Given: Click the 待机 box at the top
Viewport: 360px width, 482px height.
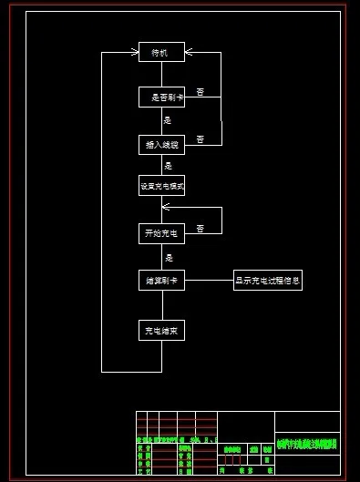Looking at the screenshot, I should pyautogui.click(x=161, y=53).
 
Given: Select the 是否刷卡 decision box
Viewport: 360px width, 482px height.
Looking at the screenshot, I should pyautogui.click(x=161, y=97).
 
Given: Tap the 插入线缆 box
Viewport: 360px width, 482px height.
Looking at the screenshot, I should pyautogui.click(x=161, y=144).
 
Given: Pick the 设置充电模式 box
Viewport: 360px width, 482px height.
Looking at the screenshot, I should pyautogui.click(x=161, y=187).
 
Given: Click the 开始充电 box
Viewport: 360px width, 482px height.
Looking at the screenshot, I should pyautogui.click(x=161, y=234).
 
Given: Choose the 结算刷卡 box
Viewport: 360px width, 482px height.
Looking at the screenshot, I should pyautogui.click(x=161, y=282).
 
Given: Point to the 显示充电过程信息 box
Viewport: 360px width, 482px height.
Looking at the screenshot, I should pyautogui.click(x=268, y=282).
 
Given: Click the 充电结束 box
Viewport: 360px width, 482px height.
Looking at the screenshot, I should pyautogui.click(x=161, y=330).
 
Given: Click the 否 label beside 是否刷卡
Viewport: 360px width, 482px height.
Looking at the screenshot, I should pyautogui.click(x=200, y=92).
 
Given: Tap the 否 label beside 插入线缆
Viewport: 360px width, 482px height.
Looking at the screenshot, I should pyautogui.click(x=200, y=138).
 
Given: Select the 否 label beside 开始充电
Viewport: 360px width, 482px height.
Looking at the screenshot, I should pyautogui.click(x=200, y=228).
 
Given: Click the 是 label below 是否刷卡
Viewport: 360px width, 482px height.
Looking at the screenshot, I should pyautogui.click(x=168, y=120).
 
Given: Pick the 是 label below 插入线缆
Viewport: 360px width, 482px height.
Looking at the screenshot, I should pyautogui.click(x=168, y=166).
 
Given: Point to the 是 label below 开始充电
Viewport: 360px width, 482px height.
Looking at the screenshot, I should pyautogui.click(x=168, y=259).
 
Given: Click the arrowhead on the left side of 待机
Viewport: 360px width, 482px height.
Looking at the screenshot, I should pyautogui.click(x=134, y=53).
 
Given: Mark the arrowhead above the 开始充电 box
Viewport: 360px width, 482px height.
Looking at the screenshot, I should pyautogui.click(x=165, y=208).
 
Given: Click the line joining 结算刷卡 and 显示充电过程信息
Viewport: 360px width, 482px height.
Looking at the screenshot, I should pyautogui.click(x=210, y=282).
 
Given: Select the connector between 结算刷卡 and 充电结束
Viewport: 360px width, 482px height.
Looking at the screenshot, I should pyautogui.click(x=161, y=305).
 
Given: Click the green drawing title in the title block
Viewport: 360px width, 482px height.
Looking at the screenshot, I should pyautogui.click(x=306, y=445).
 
